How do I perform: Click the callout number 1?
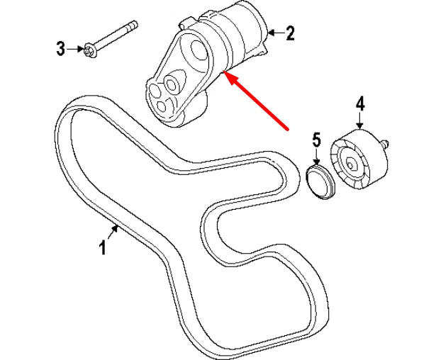(x=103, y=247)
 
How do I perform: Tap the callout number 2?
(x=290, y=33)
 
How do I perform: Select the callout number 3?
(x=61, y=49)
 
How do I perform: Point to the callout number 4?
(x=360, y=103)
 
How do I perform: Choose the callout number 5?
(x=317, y=140)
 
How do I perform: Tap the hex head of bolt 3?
(x=89, y=51)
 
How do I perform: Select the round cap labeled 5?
(x=320, y=181)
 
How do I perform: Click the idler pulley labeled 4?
(x=358, y=159)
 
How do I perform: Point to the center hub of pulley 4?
(x=350, y=165)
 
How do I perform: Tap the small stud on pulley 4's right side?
(x=384, y=144)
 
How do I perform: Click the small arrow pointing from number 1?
(x=113, y=232)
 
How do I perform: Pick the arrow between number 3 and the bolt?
(x=75, y=49)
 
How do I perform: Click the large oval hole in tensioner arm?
(x=198, y=50)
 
